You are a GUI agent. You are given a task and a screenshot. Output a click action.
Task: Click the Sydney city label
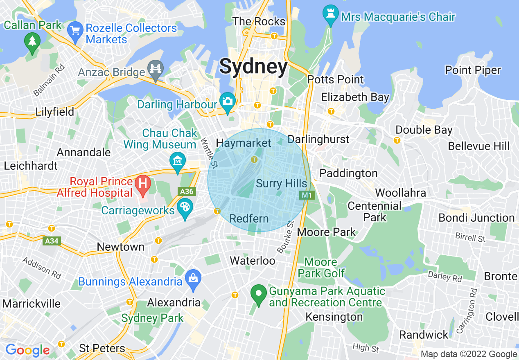coord(253,67)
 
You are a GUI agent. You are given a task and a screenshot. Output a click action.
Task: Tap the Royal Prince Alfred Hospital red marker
coord(142,183)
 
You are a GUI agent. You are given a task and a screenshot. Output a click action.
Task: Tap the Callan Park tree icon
coord(32,41)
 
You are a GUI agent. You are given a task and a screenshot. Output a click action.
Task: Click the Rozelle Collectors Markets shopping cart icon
coord(75,31)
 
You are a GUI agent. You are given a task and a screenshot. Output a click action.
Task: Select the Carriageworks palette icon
coord(185,207)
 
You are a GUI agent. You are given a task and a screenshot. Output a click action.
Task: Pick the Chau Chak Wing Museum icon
coord(178,161)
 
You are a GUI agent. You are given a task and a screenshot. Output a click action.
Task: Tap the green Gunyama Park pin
coord(259,294)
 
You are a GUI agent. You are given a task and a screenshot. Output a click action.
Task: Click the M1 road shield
coord(307,196)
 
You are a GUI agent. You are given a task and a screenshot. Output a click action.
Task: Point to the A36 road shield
coord(186,191)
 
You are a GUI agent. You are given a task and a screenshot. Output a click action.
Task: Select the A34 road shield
coord(52,241)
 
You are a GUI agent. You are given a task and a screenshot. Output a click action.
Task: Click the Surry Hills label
coord(281,183)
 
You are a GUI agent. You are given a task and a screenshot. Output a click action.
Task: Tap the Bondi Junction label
coord(476,218)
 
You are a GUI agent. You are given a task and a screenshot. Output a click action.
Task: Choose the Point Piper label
coord(473,70)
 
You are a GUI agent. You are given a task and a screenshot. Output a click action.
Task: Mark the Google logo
coord(27,350)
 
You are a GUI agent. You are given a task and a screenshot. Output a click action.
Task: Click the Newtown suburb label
coord(120,247)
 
